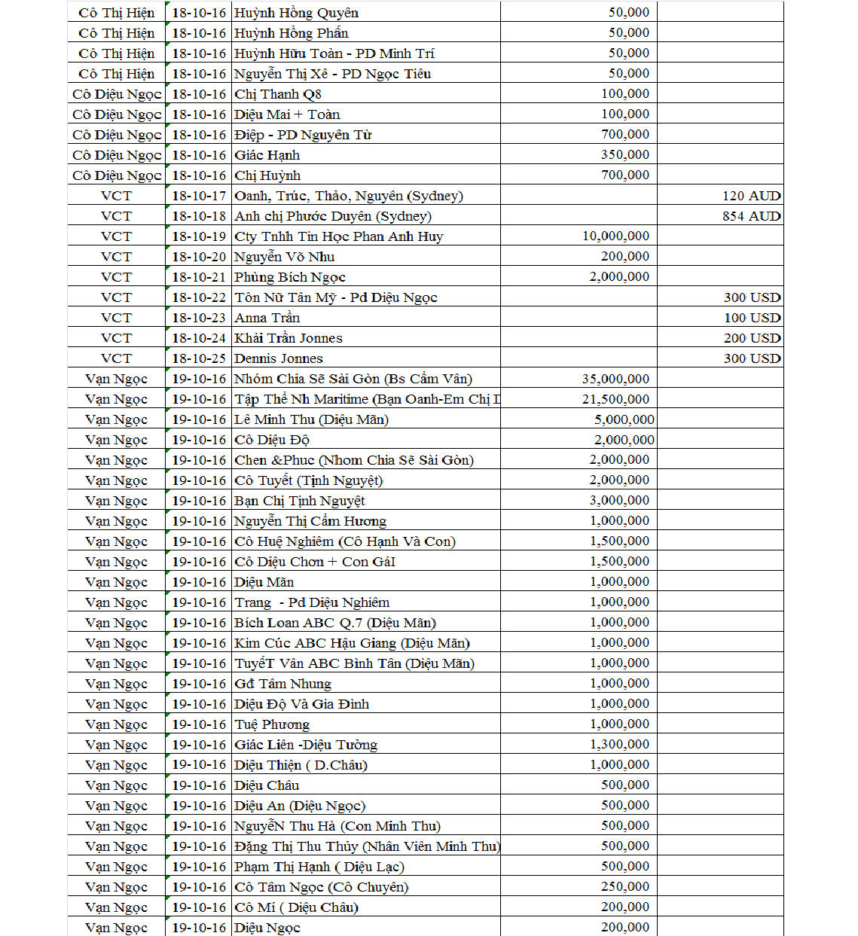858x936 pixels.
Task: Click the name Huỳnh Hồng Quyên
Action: (296, 13)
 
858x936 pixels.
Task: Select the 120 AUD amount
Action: (751, 196)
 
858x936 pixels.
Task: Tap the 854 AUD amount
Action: (751, 216)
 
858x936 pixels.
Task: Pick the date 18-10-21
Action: (199, 277)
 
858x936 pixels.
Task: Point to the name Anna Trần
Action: (267, 318)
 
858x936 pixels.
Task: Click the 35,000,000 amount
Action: (615, 379)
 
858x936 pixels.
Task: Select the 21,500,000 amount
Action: (615, 399)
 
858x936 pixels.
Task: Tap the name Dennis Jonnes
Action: (279, 358)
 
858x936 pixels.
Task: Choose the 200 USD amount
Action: (752, 338)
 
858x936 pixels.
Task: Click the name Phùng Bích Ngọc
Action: (290, 277)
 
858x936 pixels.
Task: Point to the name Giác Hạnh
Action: (267, 155)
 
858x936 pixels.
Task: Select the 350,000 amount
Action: (625, 155)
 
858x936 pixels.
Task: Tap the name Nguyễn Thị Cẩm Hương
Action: (310, 521)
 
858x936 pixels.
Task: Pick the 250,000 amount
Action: (625, 887)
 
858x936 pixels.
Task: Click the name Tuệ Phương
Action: (272, 724)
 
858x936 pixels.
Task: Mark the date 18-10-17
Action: (199, 196)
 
